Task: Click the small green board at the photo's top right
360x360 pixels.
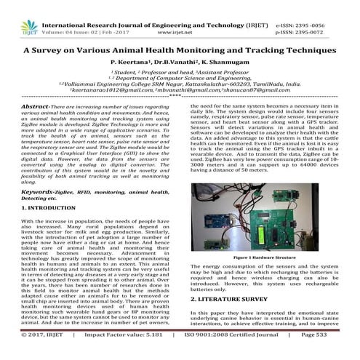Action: (321, 193)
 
